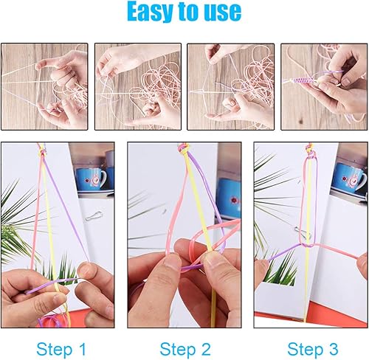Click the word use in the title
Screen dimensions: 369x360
223,12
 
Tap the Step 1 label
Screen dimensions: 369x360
61,349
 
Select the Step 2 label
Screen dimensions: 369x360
185,349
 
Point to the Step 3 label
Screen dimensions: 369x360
313,349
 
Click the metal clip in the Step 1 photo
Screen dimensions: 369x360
94,215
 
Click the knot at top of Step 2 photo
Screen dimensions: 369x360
183,149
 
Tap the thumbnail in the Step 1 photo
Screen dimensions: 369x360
84,269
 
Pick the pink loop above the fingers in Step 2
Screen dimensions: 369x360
206,235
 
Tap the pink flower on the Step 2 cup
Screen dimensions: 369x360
235,200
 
